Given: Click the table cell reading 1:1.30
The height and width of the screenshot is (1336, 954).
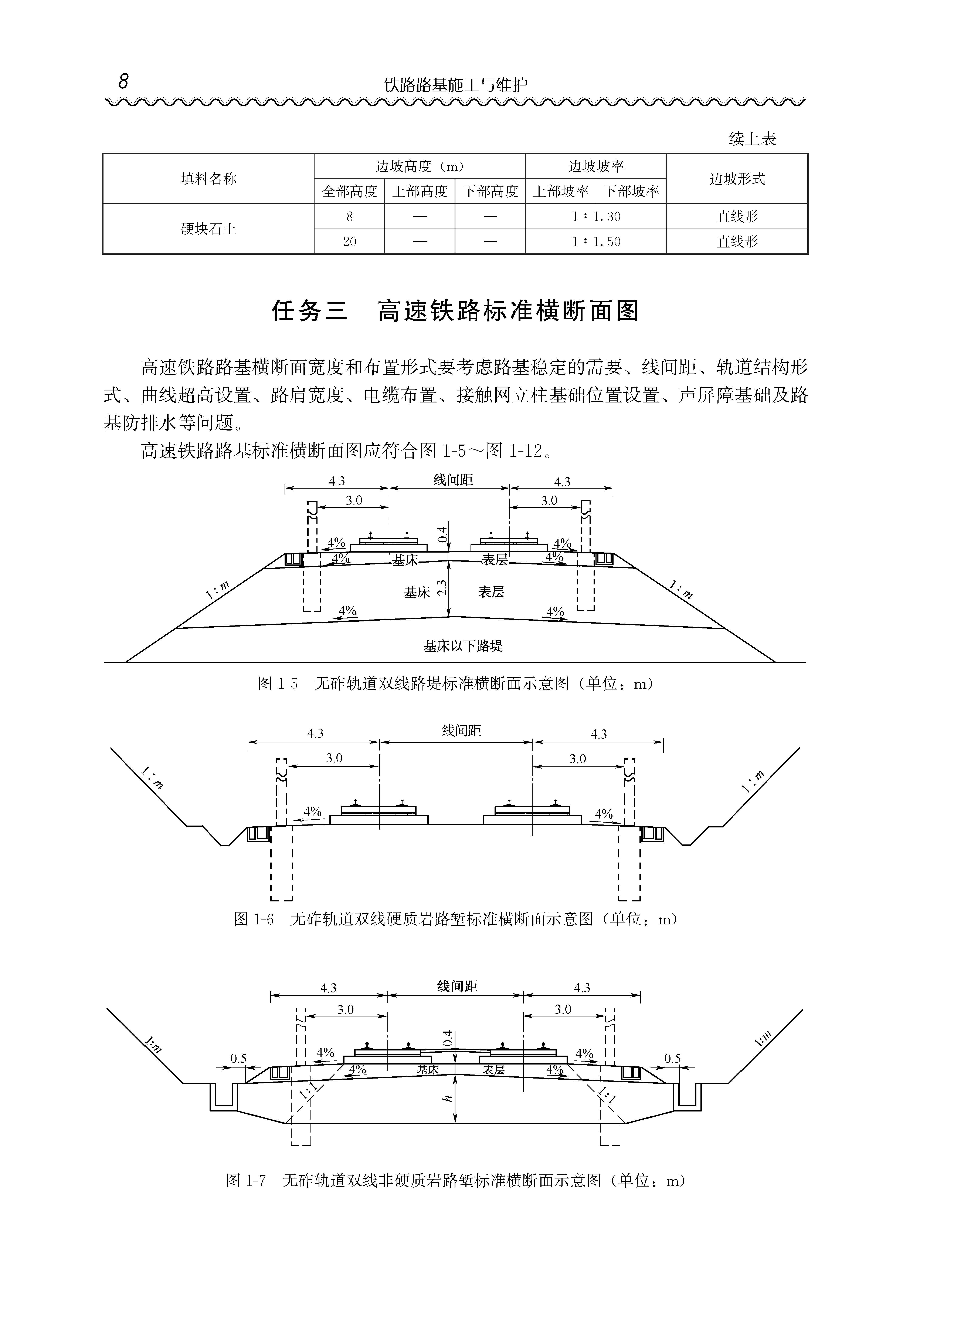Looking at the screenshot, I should click(596, 217).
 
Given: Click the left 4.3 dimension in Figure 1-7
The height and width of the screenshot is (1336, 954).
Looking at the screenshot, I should click(328, 988).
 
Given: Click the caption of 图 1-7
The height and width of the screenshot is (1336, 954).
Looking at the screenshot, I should click(455, 1180).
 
